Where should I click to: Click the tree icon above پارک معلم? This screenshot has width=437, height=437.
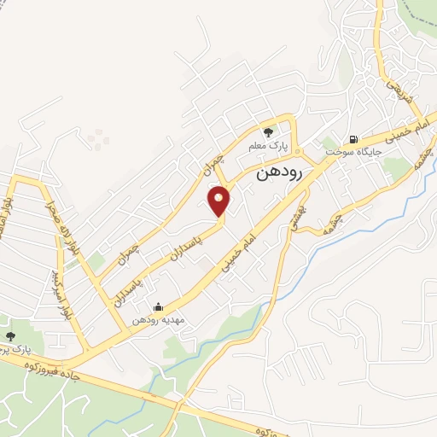[269, 132]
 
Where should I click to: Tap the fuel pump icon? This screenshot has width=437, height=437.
[352, 138]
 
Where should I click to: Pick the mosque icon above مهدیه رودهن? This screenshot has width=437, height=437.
[158, 307]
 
